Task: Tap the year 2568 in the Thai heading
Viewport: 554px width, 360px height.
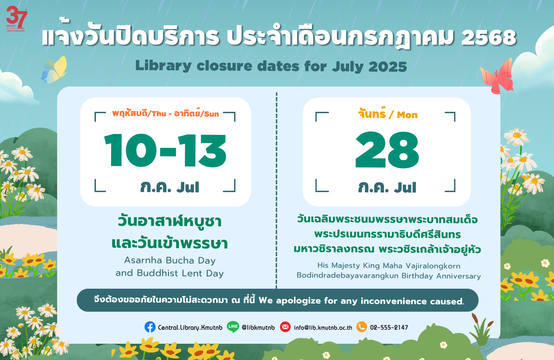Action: (x=489, y=38)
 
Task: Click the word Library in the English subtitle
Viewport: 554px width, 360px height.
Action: (x=163, y=66)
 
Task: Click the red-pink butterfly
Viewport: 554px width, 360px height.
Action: (x=497, y=76)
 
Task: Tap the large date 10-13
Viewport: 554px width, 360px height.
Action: (x=165, y=150)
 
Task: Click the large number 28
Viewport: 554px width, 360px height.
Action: (x=387, y=150)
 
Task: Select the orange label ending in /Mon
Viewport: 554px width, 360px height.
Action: (x=388, y=114)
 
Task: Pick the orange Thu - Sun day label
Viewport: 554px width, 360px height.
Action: (x=166, y=113)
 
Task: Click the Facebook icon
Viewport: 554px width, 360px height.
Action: (x=150, y=327)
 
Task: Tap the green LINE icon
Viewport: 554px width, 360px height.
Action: (x=233, y=327)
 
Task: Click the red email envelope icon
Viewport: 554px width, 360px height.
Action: (x=285, y=327)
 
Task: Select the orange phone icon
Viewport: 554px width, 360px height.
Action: (x=361, y=327)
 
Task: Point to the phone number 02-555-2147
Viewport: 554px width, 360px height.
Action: (x=389, y=327)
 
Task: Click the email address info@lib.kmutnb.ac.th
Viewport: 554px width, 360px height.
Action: (x=323, y=327)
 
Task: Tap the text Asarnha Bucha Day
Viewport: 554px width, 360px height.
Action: (x=170, y=260)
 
